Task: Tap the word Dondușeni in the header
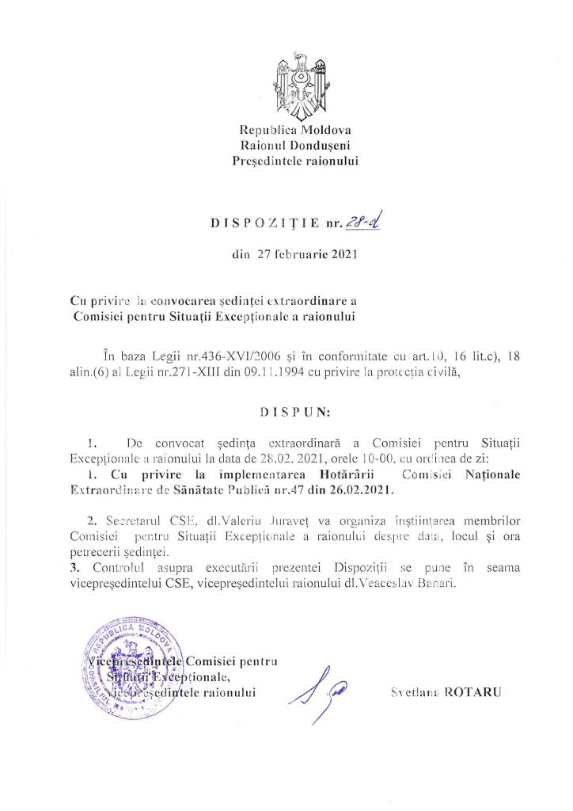coord(321,146)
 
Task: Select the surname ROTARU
coord(476,691)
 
